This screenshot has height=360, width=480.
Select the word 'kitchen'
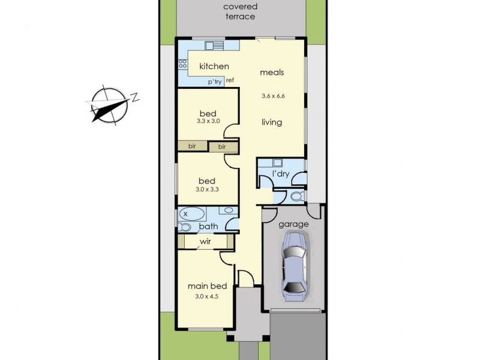pyautogui.click(x=214, y=66)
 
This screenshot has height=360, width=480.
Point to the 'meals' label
pyautogui.click(x=271, y=72)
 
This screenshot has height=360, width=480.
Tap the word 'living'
pyautogui.click(x=271, y=122)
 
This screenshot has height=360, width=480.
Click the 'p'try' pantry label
pyautogui.click(x=214, y=82)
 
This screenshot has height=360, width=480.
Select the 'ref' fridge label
pyautogui.click(x=230, y=80)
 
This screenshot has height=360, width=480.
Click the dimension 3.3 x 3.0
pyautogui.click(x=208, y=121)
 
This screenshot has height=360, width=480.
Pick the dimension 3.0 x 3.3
pyautogui.click(x=207, y=189)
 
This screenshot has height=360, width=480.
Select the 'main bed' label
pyautogui.click(x=206, y=286)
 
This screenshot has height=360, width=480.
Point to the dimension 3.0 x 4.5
pyautogui.click(x=206, y=295)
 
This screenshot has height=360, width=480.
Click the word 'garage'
pyautogui.click(x=294, y=224)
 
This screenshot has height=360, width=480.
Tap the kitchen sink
pyautogui.click(x=214, y=46)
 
